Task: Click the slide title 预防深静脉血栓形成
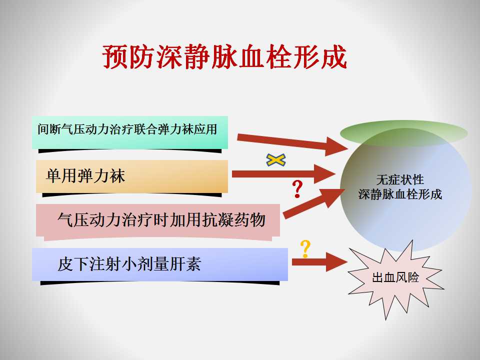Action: [224, 57]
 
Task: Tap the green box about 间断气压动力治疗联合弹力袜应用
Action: [130, 132]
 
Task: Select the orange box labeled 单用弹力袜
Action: [132, 176]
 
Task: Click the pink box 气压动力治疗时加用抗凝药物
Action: [158, 220]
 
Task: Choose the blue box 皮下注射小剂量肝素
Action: [160, 264]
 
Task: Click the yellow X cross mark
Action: [276, 160]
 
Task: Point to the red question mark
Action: [297, 188]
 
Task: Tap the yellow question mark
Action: [305, 249]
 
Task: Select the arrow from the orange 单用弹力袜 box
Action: [283, 174]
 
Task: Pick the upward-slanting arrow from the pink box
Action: [314, 203]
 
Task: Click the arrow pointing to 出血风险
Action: [319, 262]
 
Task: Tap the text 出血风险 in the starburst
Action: [395, 277]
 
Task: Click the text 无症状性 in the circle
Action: [400, 179]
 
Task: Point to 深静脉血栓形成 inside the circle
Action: [400, 194]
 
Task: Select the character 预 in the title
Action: [115, 57]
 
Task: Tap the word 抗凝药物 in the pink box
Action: [233, 220]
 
